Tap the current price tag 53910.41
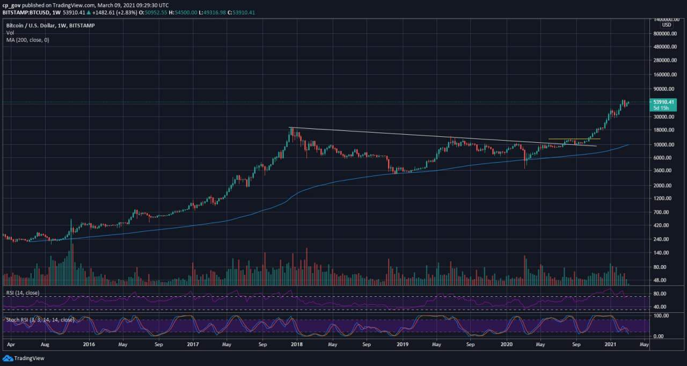click(663, 101)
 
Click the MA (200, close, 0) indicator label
click(27, 40)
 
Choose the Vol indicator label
click(10, 33)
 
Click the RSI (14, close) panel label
click(23, 293)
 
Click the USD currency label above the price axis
click(666, 25)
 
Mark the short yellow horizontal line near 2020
click(574, 140)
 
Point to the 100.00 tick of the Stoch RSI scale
click(660, 316)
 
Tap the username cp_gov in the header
click(11, 5)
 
